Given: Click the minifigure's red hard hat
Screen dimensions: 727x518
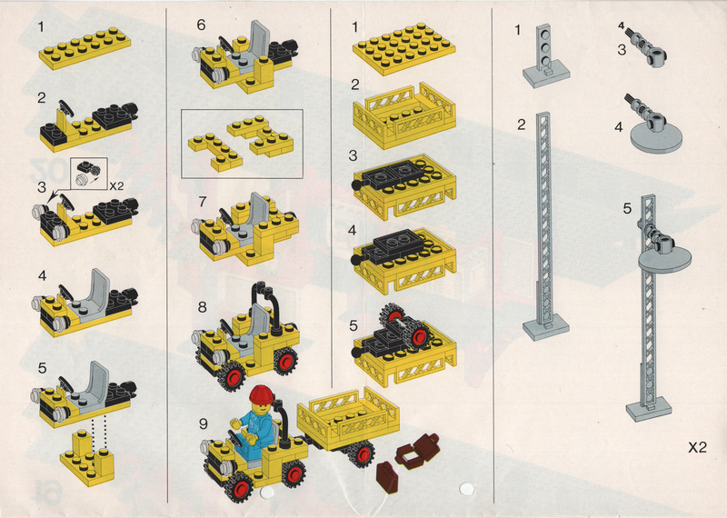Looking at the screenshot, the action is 262,395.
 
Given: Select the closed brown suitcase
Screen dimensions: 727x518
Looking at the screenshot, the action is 387,476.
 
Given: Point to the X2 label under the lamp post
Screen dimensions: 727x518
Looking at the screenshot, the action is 697,447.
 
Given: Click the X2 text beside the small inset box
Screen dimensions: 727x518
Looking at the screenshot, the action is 116,186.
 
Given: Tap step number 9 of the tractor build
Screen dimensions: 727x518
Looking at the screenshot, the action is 204,423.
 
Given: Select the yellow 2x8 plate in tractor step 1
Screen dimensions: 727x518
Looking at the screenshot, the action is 85,48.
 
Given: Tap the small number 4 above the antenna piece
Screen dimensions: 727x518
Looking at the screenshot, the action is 621,26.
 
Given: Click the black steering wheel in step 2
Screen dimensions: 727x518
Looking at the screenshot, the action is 66,107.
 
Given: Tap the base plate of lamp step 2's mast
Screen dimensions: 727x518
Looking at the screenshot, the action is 546,327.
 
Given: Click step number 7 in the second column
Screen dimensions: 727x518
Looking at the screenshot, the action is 202,202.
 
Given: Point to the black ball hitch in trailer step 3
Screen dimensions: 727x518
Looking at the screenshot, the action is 356,184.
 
